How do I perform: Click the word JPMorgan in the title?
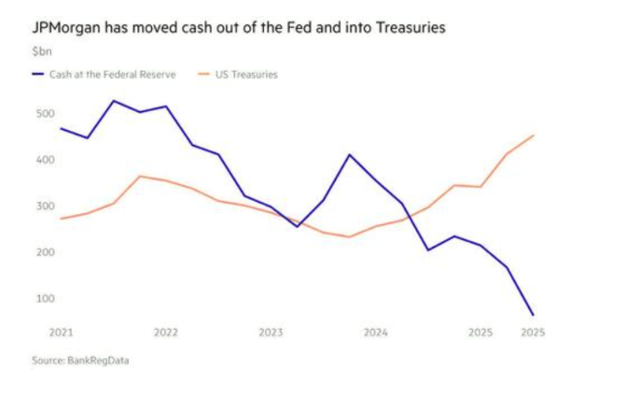tap(67, 29)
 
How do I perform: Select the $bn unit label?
tap(42, 52)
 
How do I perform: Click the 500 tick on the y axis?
tap(45, 114)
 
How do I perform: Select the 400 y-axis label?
tap(45, 160)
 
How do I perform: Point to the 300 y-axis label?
tap(45, 206)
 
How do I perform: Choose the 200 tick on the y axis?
tap(45, 252)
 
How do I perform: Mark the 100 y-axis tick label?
tap(45, 298)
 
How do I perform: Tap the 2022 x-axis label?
tap(166, 332)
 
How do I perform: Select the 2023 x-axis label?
tap(271, 332)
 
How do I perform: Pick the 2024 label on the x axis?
tap(375, 332)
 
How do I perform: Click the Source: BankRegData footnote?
tap(81, 361)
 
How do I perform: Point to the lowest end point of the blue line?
tap(533, 315)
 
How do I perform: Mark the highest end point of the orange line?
tap(533, 136)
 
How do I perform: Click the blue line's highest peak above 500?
tap(114, 101)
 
